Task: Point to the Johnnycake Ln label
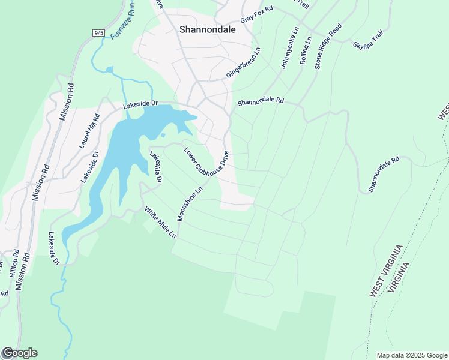point(289,48)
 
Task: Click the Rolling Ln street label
point(306,50)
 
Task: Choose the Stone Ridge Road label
point(328,46)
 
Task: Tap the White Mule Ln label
point(160,223)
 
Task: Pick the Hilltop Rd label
point(13,266)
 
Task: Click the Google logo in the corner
point(20,353)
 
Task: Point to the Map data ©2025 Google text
point(411,355)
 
